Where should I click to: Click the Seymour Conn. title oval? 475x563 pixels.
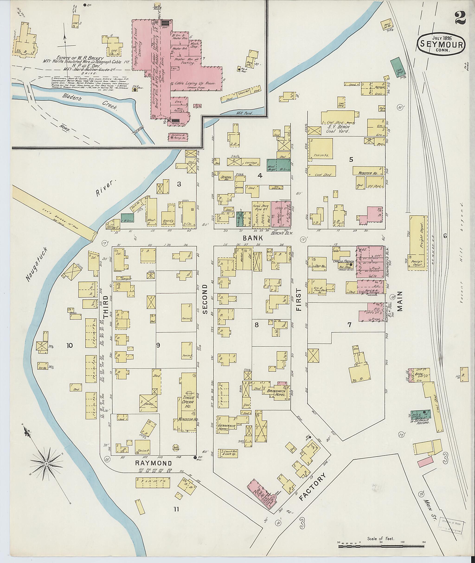click(441, 45)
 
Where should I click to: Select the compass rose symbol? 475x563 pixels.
click(46, 464)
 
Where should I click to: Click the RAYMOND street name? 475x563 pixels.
click(154, 463)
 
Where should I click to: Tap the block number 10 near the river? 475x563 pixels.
click(70, 345)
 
